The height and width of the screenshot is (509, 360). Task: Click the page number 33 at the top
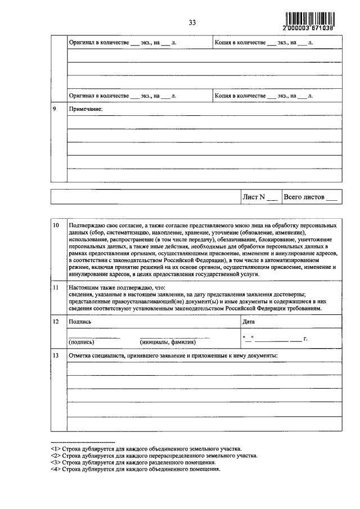pos(192,22)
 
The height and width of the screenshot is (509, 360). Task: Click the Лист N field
pos(259,197)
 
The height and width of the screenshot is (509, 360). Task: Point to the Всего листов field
pos(310,197)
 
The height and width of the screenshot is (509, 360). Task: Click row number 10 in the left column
pos(56,226)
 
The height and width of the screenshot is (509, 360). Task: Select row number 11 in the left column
pos(56,287)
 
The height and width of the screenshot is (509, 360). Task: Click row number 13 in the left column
pos(56,355)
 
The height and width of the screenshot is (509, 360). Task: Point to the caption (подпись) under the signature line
pos(82,342)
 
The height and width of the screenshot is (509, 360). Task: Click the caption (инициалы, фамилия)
pos(167,342)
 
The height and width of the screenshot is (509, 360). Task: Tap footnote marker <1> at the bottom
pos(55,449)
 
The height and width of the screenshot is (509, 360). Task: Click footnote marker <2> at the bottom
pos(55,456)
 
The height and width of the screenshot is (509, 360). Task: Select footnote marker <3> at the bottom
pos(55,462)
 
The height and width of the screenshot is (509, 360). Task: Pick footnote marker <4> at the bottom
pos(55,469)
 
